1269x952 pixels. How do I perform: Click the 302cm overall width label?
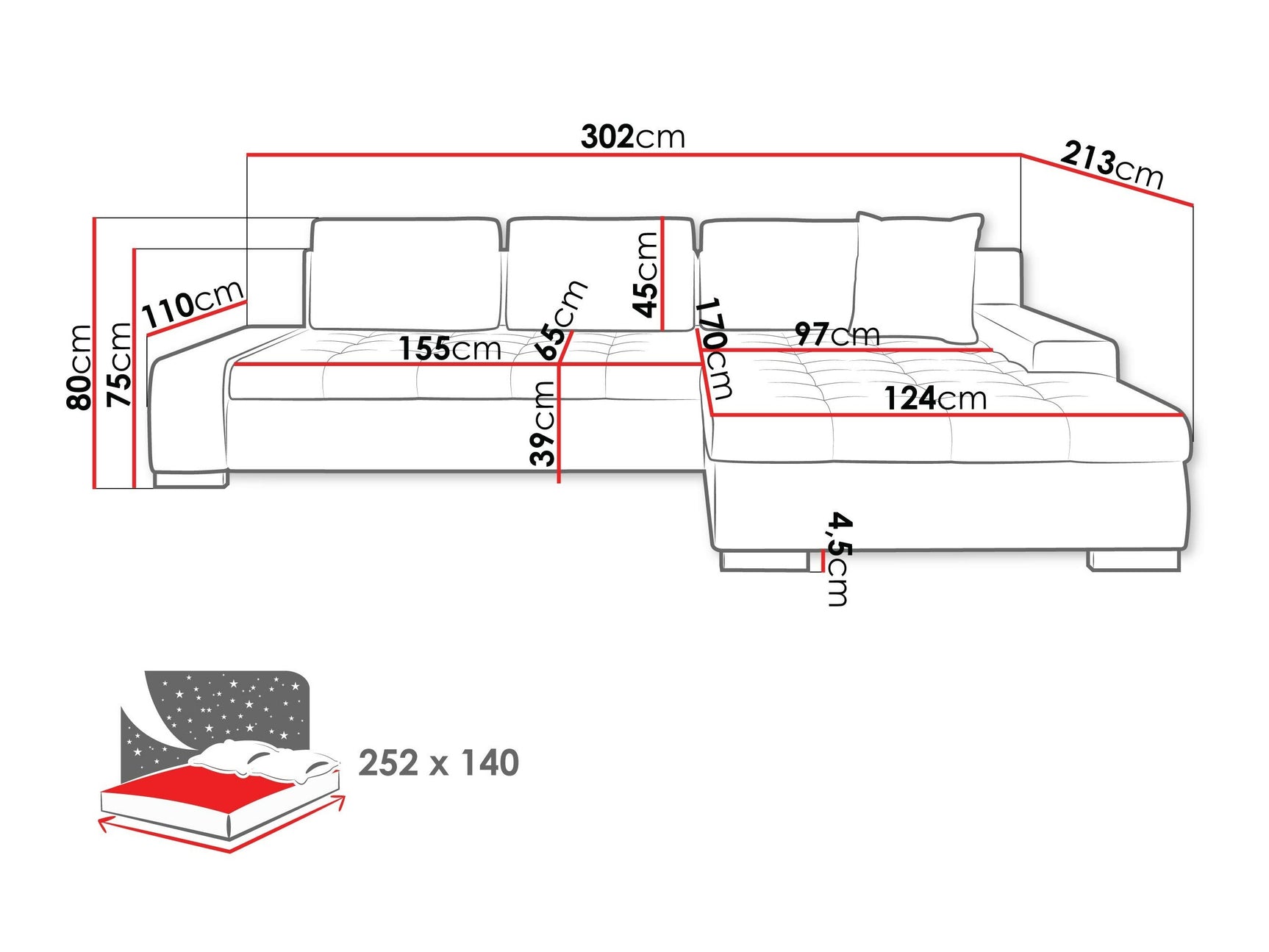(x=632, y=137)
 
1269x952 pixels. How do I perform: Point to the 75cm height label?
(x=119, y=364)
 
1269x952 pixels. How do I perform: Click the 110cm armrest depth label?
(x=193, y=302)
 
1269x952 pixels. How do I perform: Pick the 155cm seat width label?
(x=450, y=348)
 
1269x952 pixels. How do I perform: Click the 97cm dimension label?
(x=837, y=334)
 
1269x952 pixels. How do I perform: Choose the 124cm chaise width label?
(x=934, y=398)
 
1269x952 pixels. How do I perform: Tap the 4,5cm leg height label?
(x=839, y=559)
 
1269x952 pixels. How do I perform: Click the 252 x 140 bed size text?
(x=439, y=763)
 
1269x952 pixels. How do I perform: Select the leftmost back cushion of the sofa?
(x=404, y=273)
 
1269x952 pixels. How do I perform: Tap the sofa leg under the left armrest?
(x=191, y=479)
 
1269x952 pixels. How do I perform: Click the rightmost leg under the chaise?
(x=1133, y=561)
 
